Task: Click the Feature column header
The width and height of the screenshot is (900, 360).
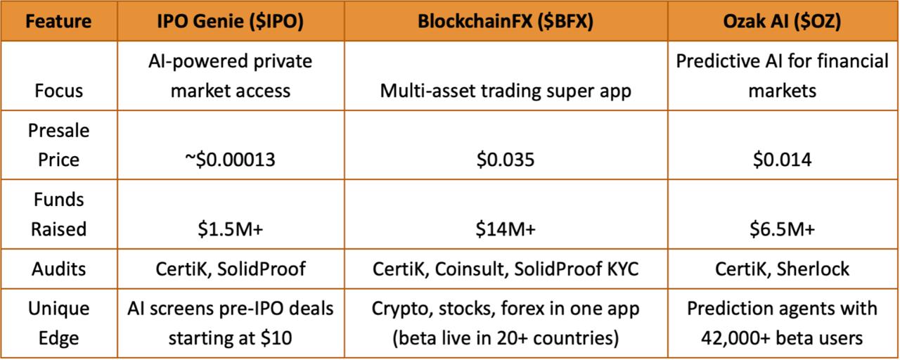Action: [x=58, y=21]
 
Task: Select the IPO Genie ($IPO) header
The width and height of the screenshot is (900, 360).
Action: [x=230, y=22]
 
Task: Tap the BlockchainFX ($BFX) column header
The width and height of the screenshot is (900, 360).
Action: [x=506, y=22]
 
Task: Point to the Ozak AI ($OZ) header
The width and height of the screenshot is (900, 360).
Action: [x=782, y=22]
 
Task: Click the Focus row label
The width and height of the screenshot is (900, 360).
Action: [x=58, y=91]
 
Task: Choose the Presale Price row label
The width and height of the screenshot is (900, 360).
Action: [x=58, y=145]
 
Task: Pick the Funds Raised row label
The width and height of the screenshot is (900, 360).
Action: [x=58, y=214]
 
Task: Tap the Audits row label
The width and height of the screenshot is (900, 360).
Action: [x=58, y=269]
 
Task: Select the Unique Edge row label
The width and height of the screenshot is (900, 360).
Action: [x=58, y=323]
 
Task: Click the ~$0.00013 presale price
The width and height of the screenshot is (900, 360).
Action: [x=230, y=160]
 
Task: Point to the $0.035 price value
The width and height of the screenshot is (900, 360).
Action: [x=506, y=160]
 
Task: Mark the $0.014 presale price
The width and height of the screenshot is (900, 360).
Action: [x=782, y=160]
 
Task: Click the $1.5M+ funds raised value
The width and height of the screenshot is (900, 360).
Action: [x=230, y=229]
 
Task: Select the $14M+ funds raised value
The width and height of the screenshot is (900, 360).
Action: [x=506, y=229]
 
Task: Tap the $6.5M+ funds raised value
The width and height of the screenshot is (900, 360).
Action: [x=782, y=229]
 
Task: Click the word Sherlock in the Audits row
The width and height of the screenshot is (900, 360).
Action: [x=813, y=269]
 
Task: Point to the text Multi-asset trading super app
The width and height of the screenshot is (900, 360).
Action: [x=506, y=91]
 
